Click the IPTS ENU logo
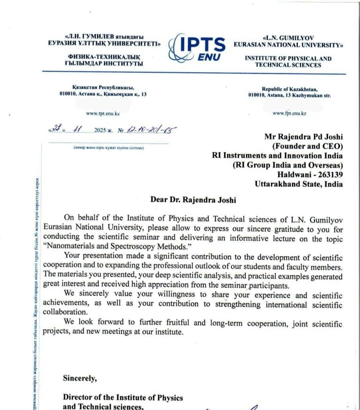tap(197, 48)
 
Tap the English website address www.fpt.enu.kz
tap(289, 113)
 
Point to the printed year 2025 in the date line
tap(100, 130)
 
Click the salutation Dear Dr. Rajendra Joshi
tap(193, 199)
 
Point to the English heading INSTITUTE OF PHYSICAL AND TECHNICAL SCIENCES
tap(288, 62)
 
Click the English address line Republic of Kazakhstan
tap(289, 89)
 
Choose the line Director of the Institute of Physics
tap(123, 398)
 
